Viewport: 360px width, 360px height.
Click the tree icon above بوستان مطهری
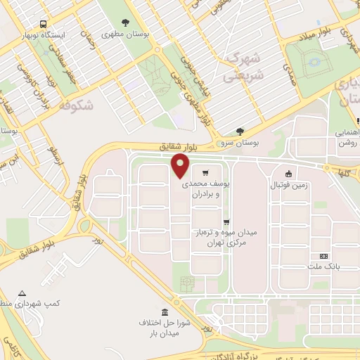click(x=126, y=22)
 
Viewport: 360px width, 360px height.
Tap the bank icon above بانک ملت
click(x=323, y=256)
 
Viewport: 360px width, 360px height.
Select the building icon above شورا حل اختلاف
click(x=165, y=312)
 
